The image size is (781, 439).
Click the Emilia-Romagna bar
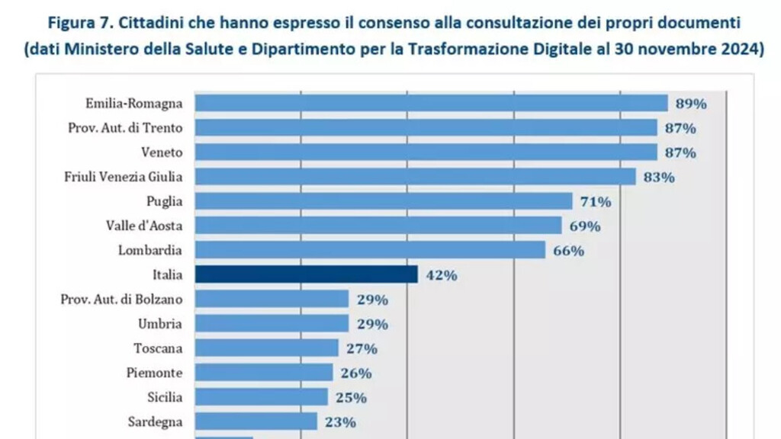point(431,103)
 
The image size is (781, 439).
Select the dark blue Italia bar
point(306,274)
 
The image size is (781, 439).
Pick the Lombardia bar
point(370,250)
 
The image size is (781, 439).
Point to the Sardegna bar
point(256,421)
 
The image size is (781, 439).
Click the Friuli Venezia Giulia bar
point(416,177)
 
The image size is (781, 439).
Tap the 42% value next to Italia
point(441,275)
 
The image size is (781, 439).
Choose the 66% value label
point(568,251)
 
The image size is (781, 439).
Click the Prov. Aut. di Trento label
point(125,127)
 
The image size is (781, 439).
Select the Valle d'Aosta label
point(144,226)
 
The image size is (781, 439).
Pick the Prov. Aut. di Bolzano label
point(121,298)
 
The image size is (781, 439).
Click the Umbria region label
point(160,323)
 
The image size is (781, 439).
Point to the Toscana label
point(158,348)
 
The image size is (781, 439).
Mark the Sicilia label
point(165,396)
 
